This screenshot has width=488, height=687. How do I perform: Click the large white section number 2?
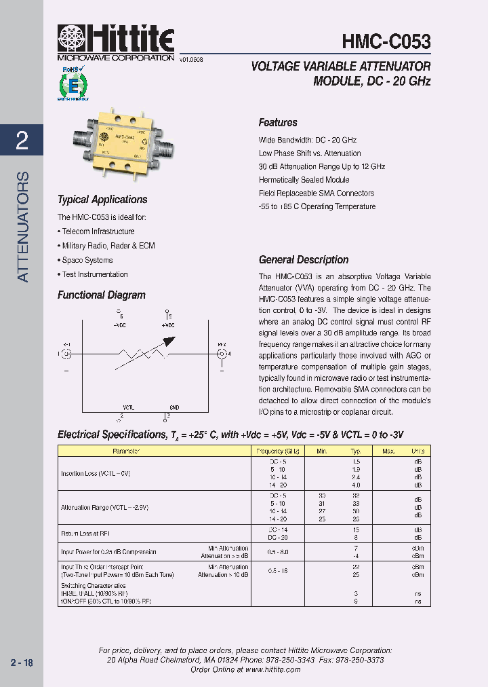(22, 140)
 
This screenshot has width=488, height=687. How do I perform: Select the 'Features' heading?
(278, 123)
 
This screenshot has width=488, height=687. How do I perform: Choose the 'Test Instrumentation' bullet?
(94, 274)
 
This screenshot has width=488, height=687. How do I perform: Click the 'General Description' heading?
(304, 260)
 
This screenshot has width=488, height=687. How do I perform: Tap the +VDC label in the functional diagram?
(168, 325)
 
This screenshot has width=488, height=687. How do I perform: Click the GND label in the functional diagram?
(174, 407)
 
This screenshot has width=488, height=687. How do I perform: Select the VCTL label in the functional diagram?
(128, 407)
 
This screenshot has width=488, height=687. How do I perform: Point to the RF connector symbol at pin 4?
(221, 354)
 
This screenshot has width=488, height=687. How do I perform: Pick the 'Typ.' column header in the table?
(355, 451)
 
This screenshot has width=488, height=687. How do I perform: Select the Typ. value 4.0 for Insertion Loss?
(355, 485)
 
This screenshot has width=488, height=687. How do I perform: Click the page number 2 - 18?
(22, 663)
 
